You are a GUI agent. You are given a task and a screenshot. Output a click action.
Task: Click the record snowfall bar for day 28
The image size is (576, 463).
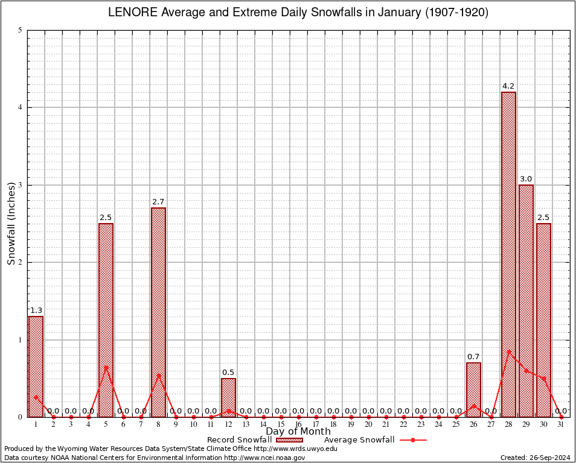click(508, 253)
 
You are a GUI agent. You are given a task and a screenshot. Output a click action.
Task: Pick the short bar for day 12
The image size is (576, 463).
click(228, 398)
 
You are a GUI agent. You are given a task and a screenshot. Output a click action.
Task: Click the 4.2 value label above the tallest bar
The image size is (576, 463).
click(508, 86)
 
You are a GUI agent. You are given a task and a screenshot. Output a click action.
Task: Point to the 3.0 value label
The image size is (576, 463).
click(526, 179)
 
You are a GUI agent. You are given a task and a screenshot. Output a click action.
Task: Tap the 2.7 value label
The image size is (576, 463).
click(158, 202)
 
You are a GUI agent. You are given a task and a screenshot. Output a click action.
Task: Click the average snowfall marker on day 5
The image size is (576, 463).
click(106, 367)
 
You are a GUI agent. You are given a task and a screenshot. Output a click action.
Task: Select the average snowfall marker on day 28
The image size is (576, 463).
click(508, 351)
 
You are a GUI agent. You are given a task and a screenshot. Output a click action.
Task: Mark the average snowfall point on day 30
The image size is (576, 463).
click(543, 378)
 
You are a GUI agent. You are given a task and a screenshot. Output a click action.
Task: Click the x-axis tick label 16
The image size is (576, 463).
click(298, 424)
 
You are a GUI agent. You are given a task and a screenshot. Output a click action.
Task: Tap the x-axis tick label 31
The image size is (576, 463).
click(561, 424)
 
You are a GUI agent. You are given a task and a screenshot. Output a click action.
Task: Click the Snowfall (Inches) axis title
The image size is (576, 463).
click(11, 223)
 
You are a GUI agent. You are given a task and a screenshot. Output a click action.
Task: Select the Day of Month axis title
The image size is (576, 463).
click(298, 431)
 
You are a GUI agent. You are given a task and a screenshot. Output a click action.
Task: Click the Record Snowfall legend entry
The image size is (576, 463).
click(239, 439)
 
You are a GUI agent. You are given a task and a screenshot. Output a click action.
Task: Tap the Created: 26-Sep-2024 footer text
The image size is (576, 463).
click(535, 458)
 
